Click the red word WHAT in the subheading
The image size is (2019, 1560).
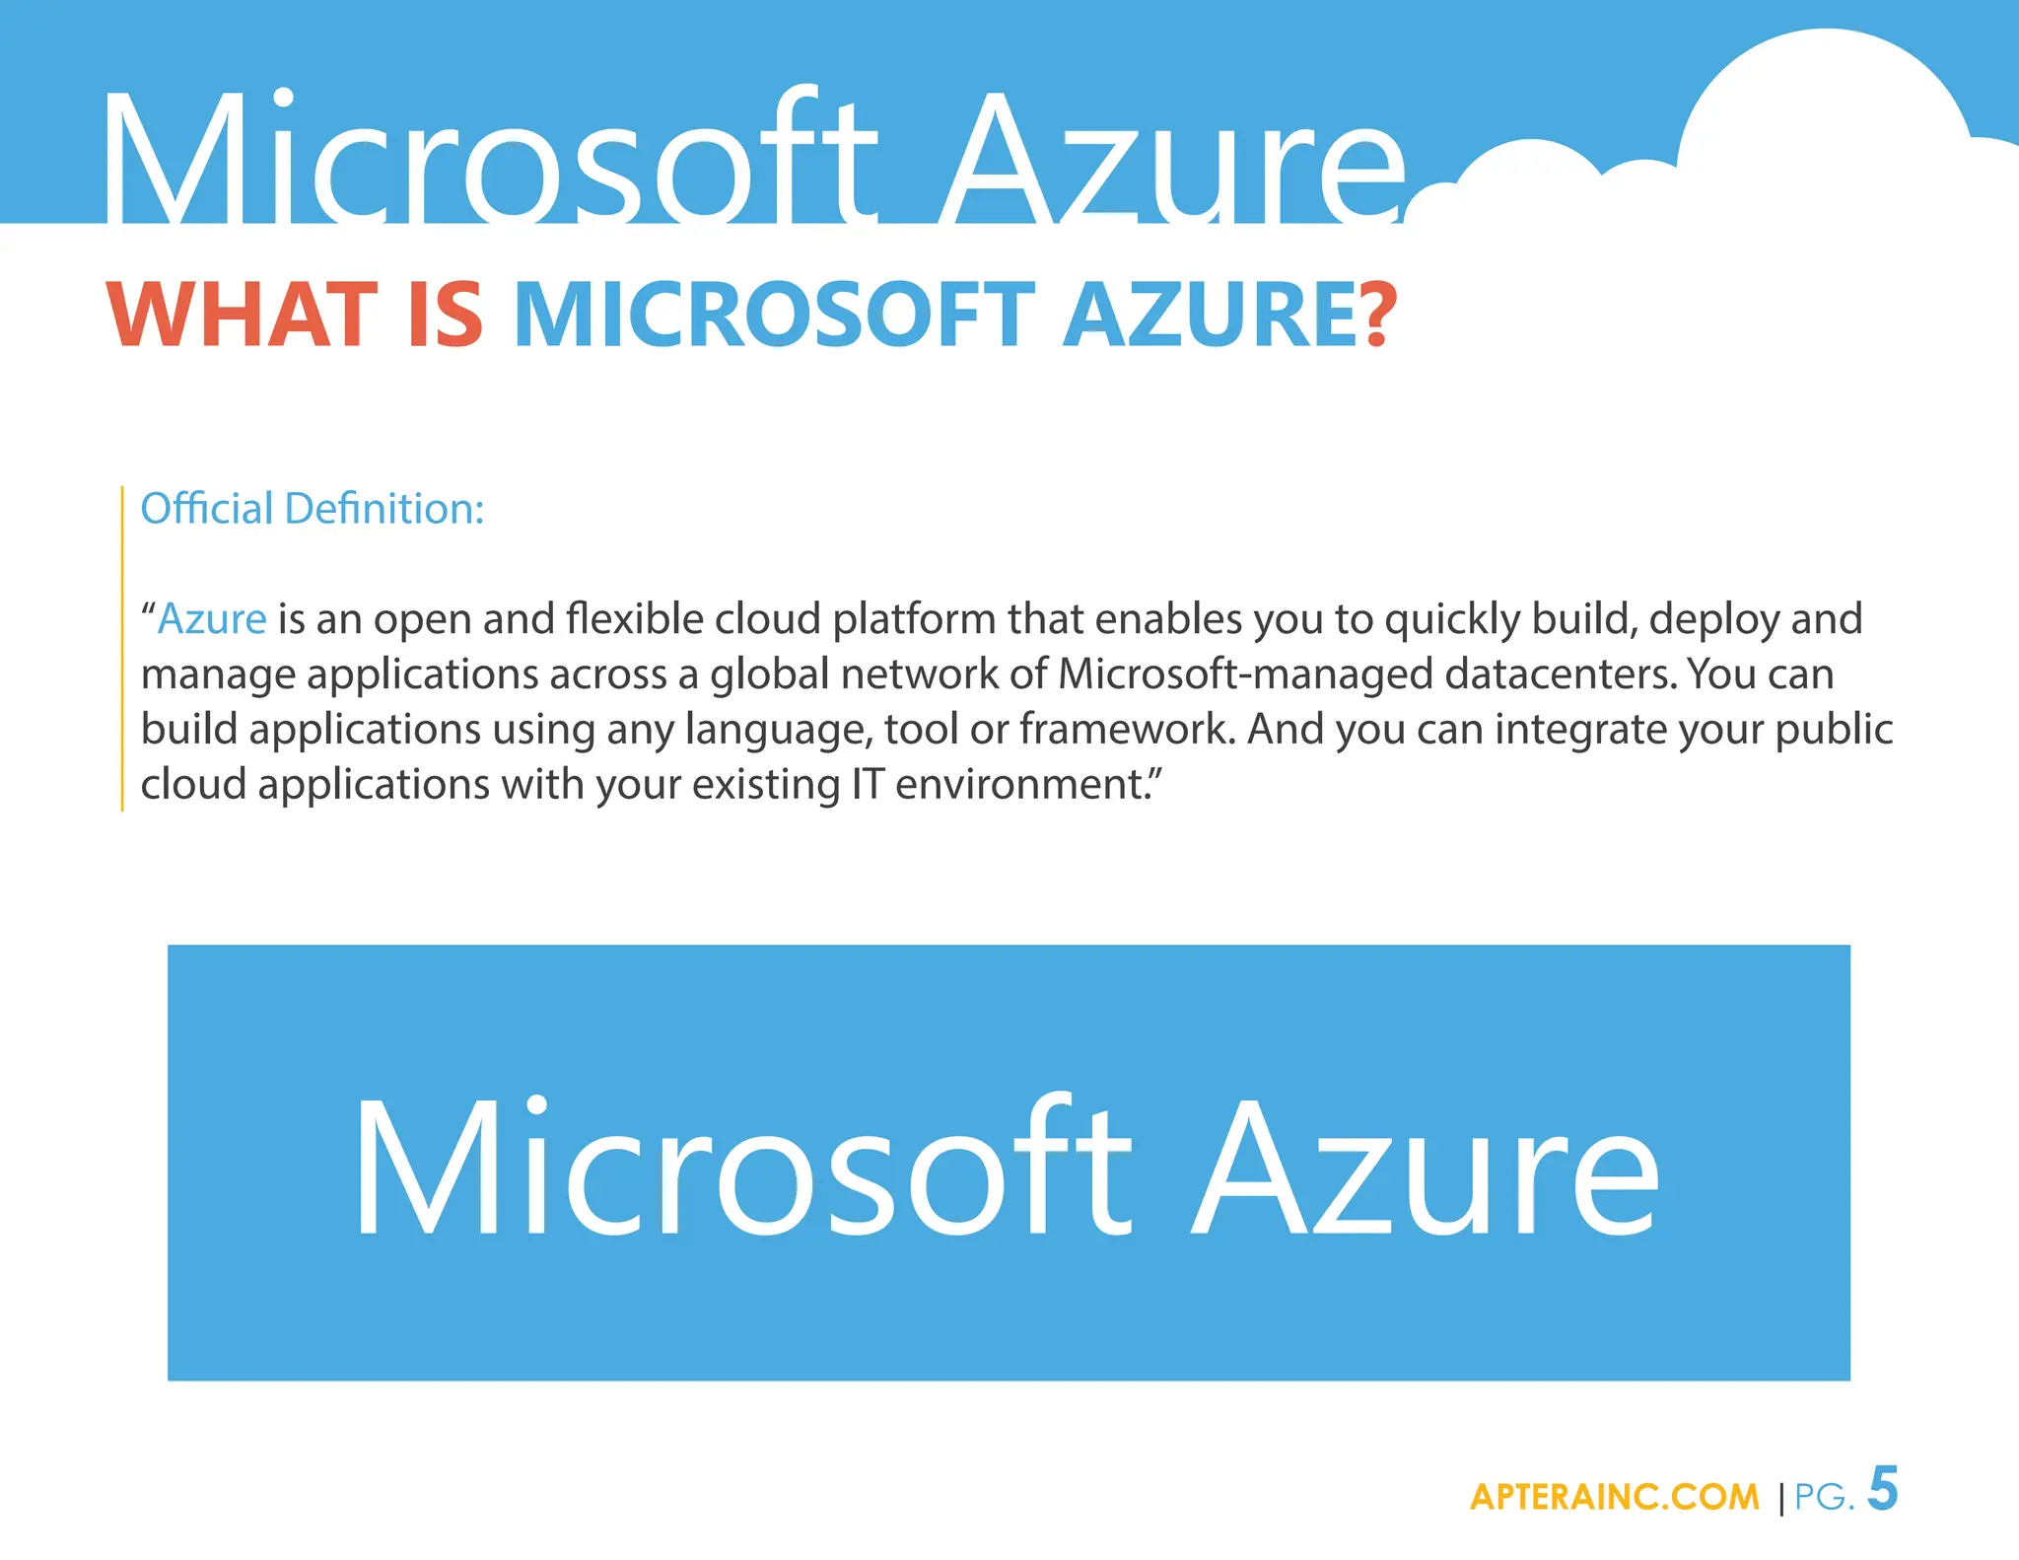point(242,315)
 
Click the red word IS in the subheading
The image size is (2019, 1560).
point(445,315)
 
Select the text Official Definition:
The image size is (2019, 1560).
point(313,509)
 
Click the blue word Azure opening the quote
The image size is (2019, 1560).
point(212,619)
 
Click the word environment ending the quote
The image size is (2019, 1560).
point(1021,785)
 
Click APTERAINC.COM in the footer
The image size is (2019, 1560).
point(1614,1497)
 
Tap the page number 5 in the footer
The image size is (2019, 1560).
point(1882,1489)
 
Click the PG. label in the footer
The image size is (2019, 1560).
point(1824,1497)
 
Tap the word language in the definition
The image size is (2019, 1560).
point(778,730)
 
